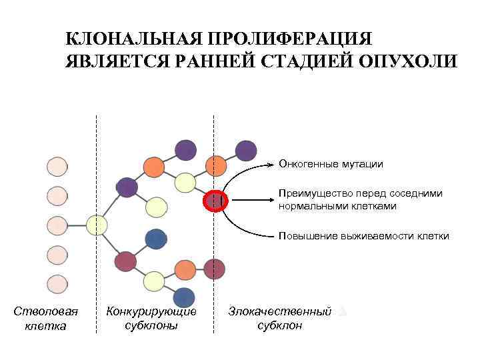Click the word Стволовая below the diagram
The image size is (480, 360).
[46, 311]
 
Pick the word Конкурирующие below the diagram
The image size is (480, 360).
[151, 311]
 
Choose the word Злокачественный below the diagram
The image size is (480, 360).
[280, 311]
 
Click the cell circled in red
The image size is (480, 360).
[215, 199]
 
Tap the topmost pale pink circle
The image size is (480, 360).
[57, 166]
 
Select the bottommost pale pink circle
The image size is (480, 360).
[57, 284]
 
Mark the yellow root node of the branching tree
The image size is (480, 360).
[97, 225]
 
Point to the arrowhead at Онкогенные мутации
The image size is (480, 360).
[275, 163]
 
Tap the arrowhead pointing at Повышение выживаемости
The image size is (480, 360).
[275, 236]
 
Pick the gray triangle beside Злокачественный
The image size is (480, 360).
[341, 311]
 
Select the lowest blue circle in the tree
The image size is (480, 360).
[184, 297]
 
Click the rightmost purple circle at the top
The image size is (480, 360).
[246, 151]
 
